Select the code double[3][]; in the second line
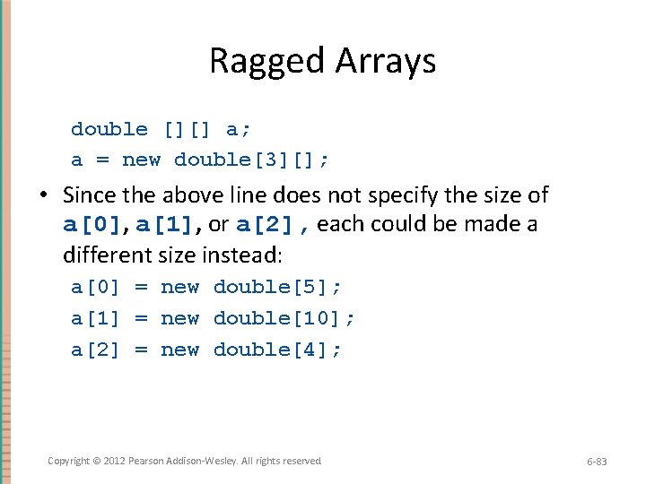click(x=251, y=160)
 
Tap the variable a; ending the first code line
click(x=239, y=129)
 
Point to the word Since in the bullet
click(x=90, y=195)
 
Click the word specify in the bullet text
click(x=397, y=195)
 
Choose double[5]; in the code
click(x=277, y=288)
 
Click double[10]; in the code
click(x=284, y=319)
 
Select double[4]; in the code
click(x=277, y=350)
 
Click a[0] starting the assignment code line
click(x=95, y=288)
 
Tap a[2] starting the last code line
click(x=95, y=350)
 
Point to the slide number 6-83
click(x=597, y=462)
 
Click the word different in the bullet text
click(x=103, y=255)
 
